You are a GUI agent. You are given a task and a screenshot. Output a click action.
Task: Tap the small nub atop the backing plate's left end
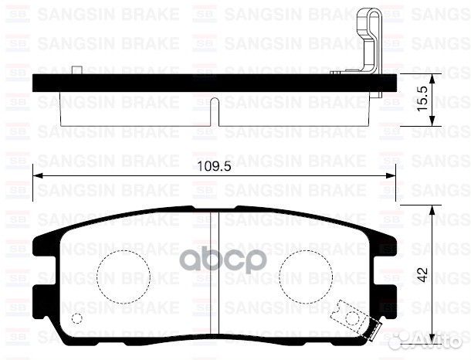(76, 71)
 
